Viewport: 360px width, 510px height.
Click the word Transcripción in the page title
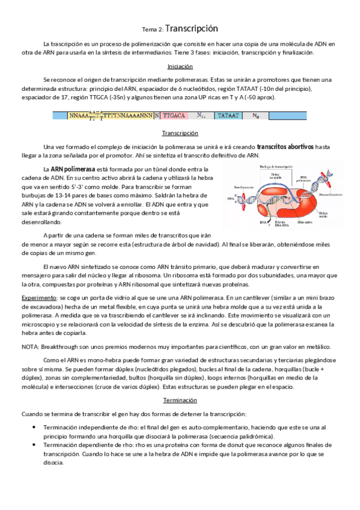coord(191,28)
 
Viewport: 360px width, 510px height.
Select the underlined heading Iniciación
coord(180,67)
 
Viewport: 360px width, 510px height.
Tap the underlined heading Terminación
coord(180,400)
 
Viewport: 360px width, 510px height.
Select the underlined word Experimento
coord(39,298)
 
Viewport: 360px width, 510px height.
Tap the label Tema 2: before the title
coord(152,29)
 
